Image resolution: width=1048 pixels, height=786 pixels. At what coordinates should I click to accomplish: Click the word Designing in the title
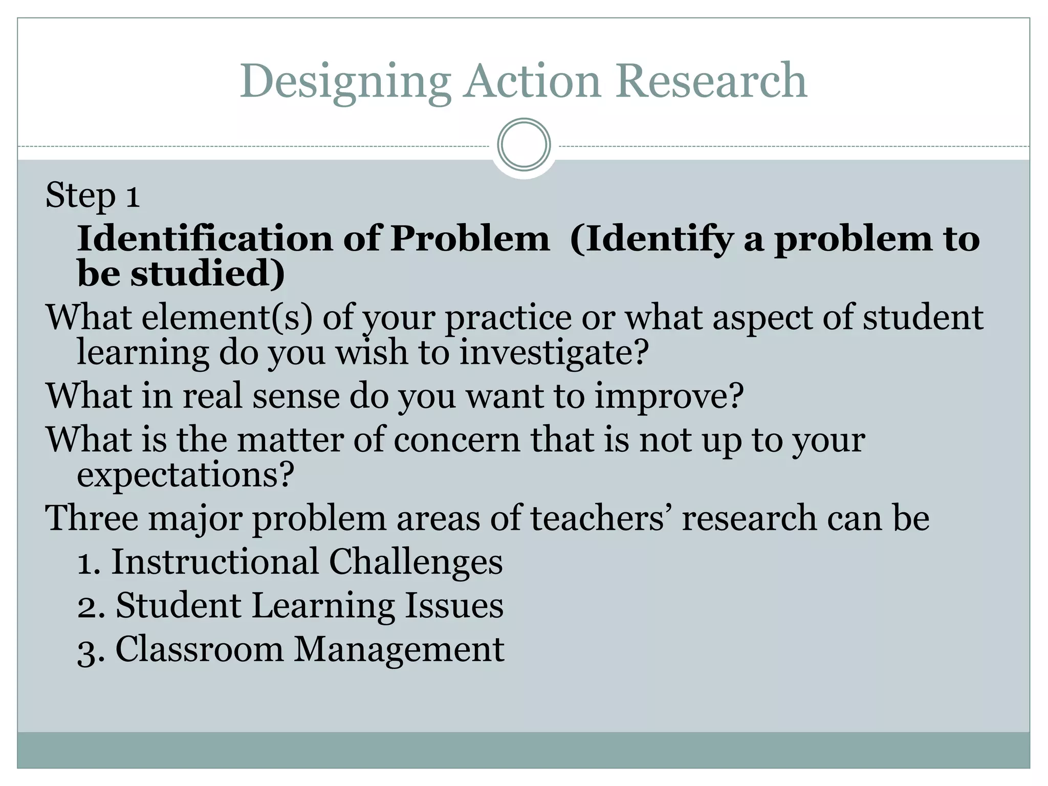tap(345, 82)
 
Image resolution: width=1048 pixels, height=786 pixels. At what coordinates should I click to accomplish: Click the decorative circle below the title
tap(524, 145)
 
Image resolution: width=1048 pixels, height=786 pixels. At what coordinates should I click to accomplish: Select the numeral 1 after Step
tap(133, 196)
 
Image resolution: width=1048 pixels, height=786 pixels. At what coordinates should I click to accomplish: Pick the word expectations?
tap(185, 474)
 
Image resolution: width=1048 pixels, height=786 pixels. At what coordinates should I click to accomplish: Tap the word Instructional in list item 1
tap(215, 561)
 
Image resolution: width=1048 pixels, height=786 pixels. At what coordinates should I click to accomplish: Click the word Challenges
tap(416, 561)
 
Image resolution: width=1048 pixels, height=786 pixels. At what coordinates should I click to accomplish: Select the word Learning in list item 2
tap(323, 605)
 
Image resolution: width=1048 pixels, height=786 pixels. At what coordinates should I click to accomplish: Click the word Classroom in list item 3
tap(200, 649)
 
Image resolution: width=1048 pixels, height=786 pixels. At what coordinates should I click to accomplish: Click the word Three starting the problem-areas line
tap(92, 518)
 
